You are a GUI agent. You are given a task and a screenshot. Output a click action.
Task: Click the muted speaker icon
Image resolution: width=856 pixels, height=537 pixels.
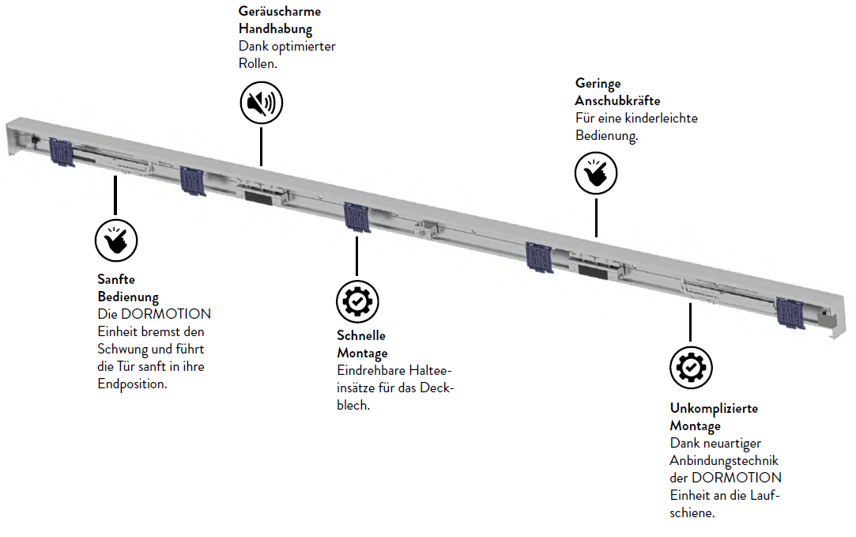coord(262,103)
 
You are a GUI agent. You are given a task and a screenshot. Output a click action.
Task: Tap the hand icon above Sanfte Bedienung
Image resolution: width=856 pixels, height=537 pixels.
coord(116,240)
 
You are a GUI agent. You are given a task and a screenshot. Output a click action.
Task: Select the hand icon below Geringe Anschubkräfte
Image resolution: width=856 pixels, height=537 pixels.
coord(596,173)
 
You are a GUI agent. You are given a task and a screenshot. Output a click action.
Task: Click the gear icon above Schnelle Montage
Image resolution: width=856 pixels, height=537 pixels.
coord(357,301)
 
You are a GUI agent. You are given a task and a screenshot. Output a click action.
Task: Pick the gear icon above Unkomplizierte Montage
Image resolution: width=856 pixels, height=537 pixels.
coord(691,368)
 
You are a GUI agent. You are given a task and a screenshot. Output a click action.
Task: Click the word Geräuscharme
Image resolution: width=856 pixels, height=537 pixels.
coord(280,11)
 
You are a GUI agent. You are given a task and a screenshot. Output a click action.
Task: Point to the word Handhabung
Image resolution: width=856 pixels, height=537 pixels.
coord(276,29)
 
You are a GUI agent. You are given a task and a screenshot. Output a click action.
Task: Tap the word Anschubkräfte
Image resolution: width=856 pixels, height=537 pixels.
coord(617,100)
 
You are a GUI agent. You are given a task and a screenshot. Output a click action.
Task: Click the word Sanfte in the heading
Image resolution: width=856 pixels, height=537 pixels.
coord(116,279)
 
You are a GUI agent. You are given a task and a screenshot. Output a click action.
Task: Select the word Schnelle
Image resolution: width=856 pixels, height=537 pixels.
coord(361,335)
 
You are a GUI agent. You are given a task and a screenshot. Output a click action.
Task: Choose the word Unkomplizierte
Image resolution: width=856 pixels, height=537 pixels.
coord(714,409)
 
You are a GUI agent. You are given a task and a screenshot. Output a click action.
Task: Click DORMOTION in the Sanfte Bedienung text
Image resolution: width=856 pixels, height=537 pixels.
coord(166,314)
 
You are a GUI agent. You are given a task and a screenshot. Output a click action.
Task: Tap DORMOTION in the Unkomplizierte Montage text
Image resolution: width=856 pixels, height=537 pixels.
coord(737,478)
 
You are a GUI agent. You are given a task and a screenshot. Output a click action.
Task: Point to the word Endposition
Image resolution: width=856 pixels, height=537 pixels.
coord(133,384)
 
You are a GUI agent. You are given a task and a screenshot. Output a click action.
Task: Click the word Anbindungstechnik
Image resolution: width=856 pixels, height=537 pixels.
coord(725,461)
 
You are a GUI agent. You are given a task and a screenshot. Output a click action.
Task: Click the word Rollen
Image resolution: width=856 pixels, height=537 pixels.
coord(258,64)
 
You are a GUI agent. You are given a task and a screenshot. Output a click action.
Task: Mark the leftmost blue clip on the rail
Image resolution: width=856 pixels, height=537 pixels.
coord(61,153)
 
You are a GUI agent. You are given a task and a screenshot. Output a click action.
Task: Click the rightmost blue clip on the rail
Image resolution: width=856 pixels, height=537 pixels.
coord(790,313)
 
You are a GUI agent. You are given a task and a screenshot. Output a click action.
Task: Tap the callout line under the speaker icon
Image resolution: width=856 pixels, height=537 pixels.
coord(262,146)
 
